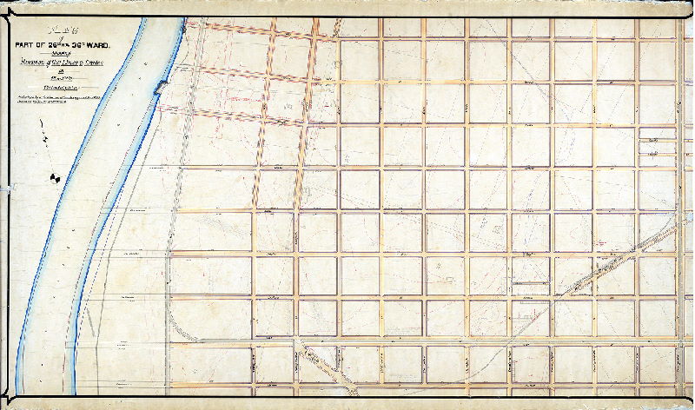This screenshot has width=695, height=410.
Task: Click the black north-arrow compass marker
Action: [x=56, y=178]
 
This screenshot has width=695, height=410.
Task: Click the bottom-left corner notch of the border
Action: [x=10, y=399]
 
